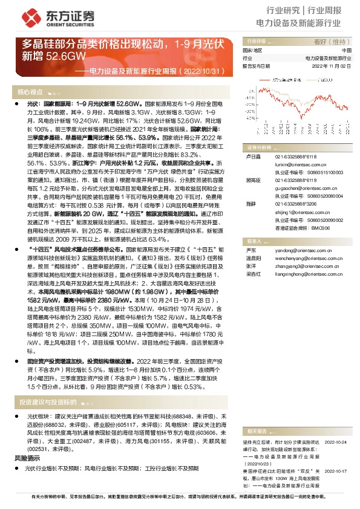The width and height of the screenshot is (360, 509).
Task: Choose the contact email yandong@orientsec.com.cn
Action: coord(301,250)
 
